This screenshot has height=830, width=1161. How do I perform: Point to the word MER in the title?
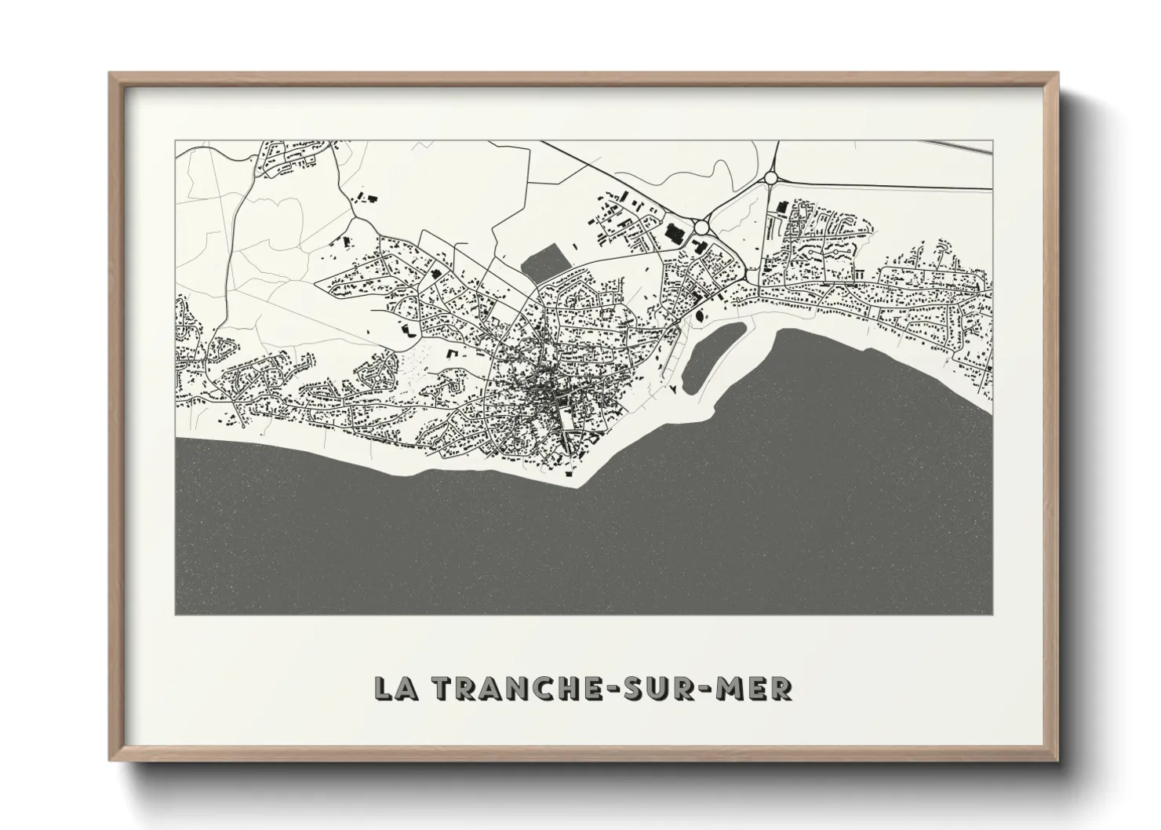coord(760,688)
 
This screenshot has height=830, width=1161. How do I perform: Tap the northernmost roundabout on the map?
coord(771,178)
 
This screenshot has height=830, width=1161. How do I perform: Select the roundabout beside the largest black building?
coord(701,227)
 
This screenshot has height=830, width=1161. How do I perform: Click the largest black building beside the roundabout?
coord(674,232)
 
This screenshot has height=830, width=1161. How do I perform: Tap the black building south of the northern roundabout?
coord(781,207)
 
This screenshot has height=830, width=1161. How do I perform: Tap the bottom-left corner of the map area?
coord(176,614)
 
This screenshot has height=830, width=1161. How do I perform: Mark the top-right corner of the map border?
coord(993,142)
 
